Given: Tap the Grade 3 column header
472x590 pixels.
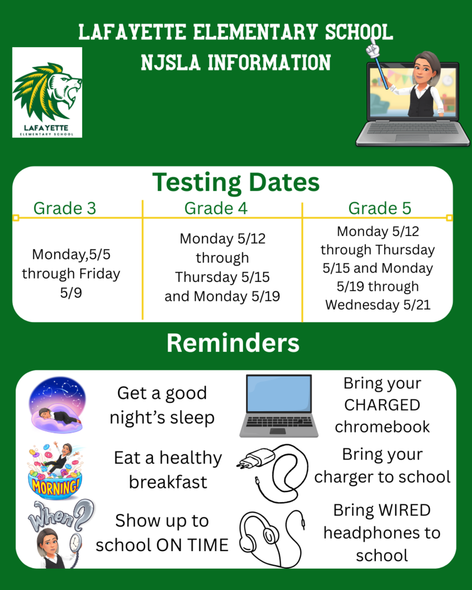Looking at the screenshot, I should pyautogui.click(x=64, y=208).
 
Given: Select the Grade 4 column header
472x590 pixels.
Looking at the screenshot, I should pyautogui.click(x=215, y=208).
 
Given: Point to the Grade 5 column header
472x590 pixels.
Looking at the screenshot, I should pyautogui.click(x=379, y=208).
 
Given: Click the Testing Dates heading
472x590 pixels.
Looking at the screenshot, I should pyautogui.click(x=236, y=183).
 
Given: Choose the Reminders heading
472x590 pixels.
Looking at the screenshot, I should pyautogui.click(x=232, y=343).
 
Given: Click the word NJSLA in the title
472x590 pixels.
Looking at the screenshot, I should pyautogui.click(x=171, y=62).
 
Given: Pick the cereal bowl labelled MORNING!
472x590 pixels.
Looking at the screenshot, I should pyautogui.click(x=53, y=481).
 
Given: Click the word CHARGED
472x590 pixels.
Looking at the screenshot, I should pyautogui.click(x=382, y=405).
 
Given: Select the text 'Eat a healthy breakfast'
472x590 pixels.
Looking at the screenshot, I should pyautogui.click(x=168, y=470).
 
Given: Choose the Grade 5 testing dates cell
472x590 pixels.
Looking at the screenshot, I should pyautogui.click(x=378, y=268).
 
